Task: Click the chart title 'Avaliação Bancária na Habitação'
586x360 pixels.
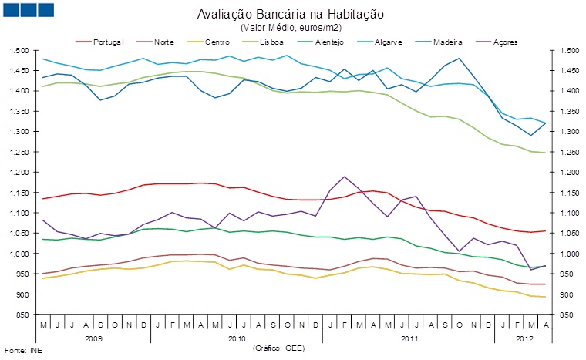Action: (x=291, y=15)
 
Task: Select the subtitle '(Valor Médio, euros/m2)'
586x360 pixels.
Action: (x=291, y=28)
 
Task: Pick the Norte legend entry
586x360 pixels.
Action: (x=163, y=40)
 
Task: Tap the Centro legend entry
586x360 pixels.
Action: (x=217, y=40)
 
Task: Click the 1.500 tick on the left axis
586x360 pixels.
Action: (x=19, y=50)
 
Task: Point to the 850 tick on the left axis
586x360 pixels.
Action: (x=22, y=315)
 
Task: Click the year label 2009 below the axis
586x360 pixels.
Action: (x=93, y=338)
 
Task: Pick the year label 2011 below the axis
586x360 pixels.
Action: (x=409, y=338)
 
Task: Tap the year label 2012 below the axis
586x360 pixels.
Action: (x=524, y=338)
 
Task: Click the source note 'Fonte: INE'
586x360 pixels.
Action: (x=22, y=351)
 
